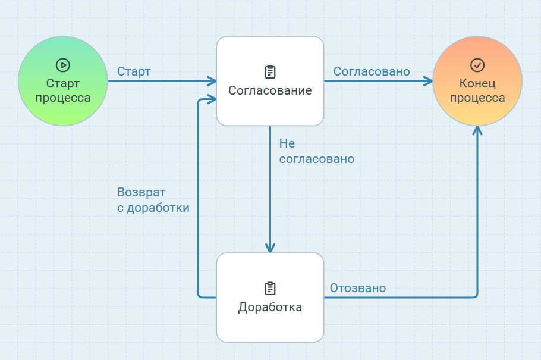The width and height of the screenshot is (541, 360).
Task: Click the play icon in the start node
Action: pyautogui.click(x=62, y=65)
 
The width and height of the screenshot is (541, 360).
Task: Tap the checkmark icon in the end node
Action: pyautogui.click(x=477, y=65)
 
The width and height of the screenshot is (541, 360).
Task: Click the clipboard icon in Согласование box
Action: pyautogui.click(x=270, y=72)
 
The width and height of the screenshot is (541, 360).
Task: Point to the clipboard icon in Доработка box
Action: pyautogui.click(x=270, y=289)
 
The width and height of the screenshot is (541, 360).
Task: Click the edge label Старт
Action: pyautogui.click(x=134, y=71)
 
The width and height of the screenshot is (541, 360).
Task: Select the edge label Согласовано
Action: pyautogui.click(x=372, y=71)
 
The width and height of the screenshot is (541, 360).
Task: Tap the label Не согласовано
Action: pyautogui.click(x=316, y=152)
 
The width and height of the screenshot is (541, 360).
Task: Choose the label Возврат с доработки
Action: pyautogui.click(x=153, y=201)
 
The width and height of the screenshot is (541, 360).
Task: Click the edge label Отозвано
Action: pyautogui.click(x=358, y=288)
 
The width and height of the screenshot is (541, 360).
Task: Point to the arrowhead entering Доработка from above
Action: pyautogui.click(x=270, y=248)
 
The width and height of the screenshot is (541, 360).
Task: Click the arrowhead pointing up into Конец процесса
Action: pyautogui.click(x=477, y=130)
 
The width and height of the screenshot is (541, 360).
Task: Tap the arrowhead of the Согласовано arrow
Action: pyautogui.click(x=429, y=81)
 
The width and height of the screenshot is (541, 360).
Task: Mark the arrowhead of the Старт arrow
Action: pyautogui.click(x=212, y=81)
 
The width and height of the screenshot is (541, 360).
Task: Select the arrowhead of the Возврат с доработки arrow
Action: pyautogui.click(x=212, y=100)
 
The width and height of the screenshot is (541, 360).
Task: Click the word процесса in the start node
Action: pyautogui.click(x=62, y=98)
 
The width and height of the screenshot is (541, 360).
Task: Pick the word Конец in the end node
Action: pyautogui.click(x=477, y=83)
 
